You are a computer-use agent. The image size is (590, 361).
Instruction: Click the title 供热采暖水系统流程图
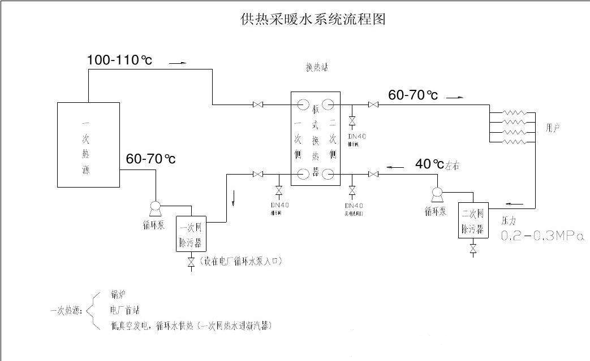click(313, 20)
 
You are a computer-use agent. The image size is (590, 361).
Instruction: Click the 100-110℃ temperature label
click(119, 60)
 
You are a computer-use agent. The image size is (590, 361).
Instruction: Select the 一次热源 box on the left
click(88, 145)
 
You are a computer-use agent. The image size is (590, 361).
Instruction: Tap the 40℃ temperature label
click(430, 164)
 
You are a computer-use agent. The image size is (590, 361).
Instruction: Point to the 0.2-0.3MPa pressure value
click(542, 236)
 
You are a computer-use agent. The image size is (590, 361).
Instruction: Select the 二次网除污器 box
click(472, 221)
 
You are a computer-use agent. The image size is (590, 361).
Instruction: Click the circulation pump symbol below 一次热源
click(156, 208)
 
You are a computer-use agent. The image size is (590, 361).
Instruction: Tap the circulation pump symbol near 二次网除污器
click(436, 194)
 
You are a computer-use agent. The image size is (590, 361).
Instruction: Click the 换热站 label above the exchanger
click(316, 68)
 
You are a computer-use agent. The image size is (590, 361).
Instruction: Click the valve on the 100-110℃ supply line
click(258, 105)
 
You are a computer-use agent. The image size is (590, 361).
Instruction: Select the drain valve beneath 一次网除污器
click(191, 262)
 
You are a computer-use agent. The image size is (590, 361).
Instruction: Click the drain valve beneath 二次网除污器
click(473, 248)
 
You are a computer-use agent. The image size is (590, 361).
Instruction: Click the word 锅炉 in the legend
click(118, 295)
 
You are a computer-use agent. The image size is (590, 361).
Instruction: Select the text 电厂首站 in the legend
click(124, 310)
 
